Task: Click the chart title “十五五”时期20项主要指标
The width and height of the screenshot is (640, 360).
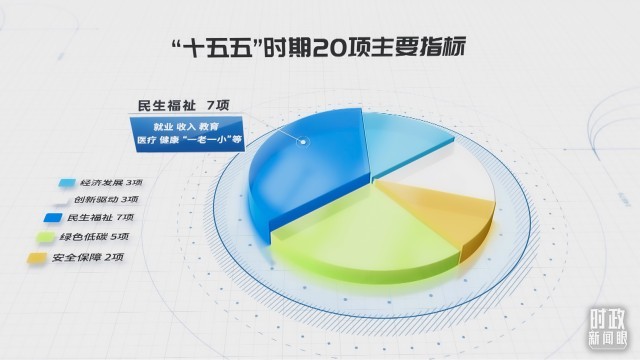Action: [x=317, y=48]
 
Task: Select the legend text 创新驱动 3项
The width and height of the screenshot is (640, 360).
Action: [x=106, y=200]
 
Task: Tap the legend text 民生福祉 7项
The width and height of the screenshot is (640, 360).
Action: [x=100, y=218]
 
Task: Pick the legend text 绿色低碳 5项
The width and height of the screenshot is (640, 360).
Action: [x=94, y=237]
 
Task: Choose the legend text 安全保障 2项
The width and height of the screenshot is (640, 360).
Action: [x=88, y=258]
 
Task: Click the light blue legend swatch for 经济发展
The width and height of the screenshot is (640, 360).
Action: [x=67, y=182]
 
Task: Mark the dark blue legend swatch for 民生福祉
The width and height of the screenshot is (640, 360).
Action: [x=53, y=218]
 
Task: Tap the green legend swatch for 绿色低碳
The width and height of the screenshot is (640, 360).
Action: [x=46, y=237]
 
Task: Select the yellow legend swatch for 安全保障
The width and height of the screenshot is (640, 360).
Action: [x=37, y=258]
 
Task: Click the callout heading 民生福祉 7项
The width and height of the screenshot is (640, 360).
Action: [x=184, y=106]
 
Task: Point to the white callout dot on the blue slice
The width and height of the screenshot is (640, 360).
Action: [x=303, y=142]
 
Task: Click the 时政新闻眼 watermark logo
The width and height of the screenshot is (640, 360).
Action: [x=607, y=329]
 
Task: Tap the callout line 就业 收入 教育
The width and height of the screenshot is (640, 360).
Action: [x=186, y=127]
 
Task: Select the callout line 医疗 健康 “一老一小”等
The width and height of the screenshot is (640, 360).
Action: [x=189, y=140]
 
